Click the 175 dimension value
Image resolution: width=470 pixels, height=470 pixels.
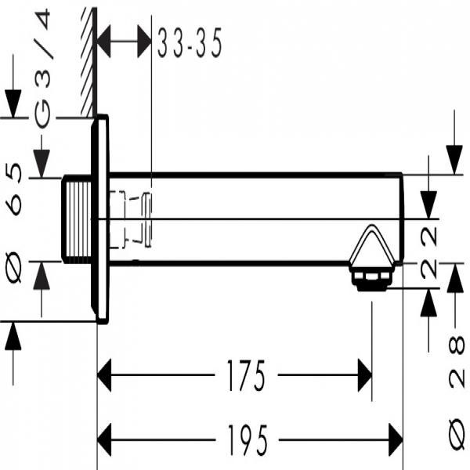pyautogui.click(x=247, y=375)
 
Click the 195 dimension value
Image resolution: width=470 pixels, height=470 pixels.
pyautogui.click(x=247, y=435)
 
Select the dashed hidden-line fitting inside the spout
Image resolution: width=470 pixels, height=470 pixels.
pyautogui.click(x=132, y=219)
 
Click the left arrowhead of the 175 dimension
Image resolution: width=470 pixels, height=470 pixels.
pyautogui.click(x=105, y=375)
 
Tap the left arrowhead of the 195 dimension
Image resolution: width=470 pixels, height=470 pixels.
pyautogui.click(x=105, y=435)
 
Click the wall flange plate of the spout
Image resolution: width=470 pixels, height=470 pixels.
pyautogui.click(x=100, y=219)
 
